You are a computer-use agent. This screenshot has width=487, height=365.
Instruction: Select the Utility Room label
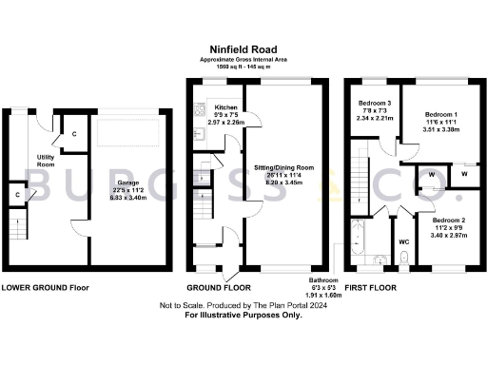(46, 159)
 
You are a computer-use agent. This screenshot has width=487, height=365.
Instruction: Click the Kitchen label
(225, 107)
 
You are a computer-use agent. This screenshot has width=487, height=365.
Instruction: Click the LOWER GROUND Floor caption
(47, 286)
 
